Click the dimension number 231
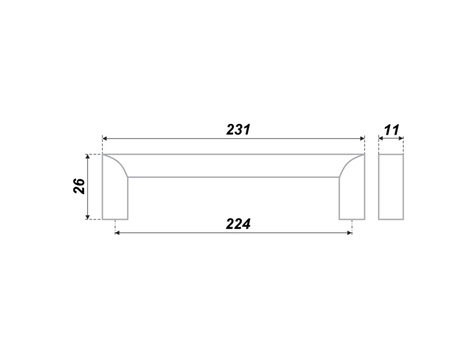tap(238, 130)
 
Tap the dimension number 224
tap(238, 224)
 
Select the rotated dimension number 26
tap(79, 186)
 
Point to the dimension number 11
tap(391, 130)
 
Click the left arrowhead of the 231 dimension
tap(105, 138)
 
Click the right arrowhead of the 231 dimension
tap(362, 138)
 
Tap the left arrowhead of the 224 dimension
tap(117, 233)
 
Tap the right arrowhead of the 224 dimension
tap(350, 233)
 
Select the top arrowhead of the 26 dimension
tap(88, 157)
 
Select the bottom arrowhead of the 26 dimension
tap(88, 217)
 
